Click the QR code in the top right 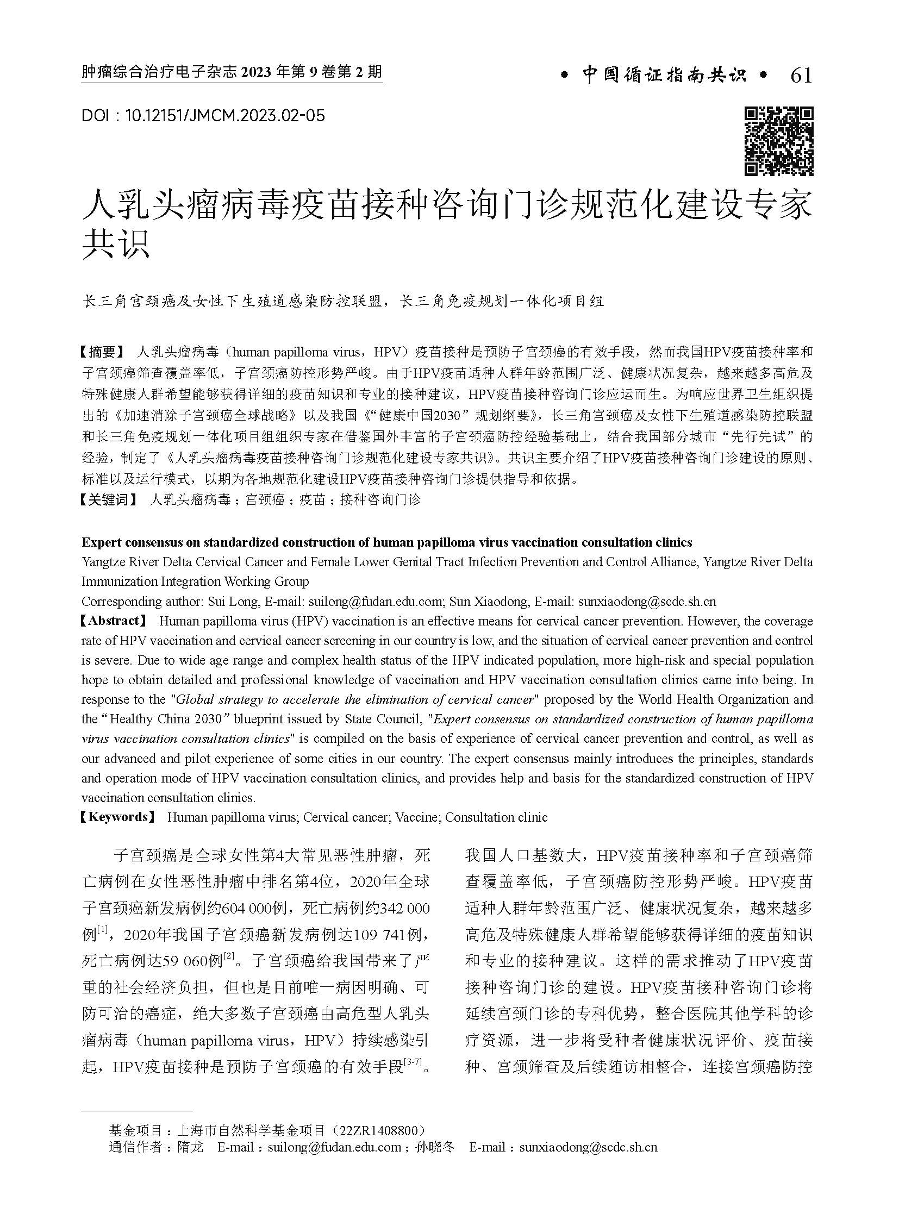pyautogui.click(x=778, y=141)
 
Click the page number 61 pyautogui.click(x=801, y=76)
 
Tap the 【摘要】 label pyautogui.click(x=103, y=352)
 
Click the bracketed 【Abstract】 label pyautogui.click(x=114, y=621)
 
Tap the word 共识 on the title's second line pyautogui.click(x=116, y=246)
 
